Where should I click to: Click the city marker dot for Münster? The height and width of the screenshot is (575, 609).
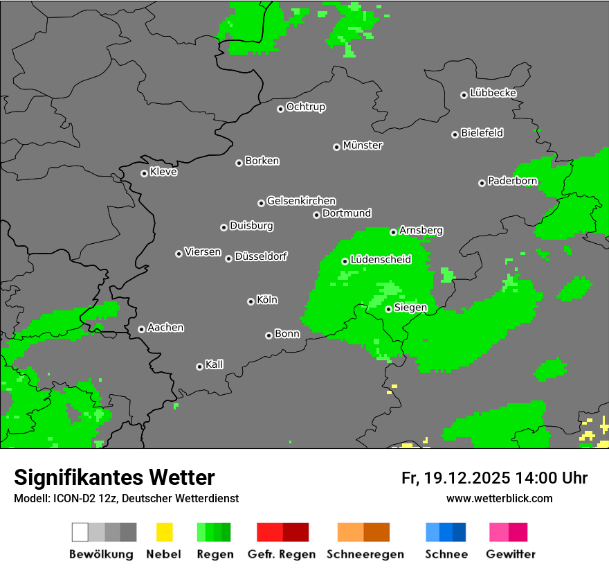(x=336, y=146)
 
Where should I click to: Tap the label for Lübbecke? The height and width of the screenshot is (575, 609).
(x=493, y=93)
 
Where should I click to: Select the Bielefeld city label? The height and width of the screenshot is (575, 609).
(x=482, y=133)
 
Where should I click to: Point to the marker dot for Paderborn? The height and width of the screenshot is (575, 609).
(x=482, y=183)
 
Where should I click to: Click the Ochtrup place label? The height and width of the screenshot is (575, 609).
(x=305, y=107)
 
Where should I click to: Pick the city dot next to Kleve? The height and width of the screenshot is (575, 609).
(x=144, y=173)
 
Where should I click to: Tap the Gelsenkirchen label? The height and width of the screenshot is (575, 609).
(x=301, y=201)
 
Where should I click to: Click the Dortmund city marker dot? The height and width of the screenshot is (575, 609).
(x=316, y=215)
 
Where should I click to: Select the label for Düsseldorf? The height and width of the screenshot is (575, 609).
(x=260, y=256)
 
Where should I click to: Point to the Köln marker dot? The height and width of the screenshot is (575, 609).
(x=251, y=301)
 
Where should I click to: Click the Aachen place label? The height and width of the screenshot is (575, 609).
(x=165, y=328)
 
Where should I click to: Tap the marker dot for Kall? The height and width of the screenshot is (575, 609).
(x=199, y=366)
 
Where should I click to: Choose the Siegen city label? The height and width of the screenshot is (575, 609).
(x=410, y=308)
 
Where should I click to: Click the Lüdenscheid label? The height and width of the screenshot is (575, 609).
(x=381, y=260)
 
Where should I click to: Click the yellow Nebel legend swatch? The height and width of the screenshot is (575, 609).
(x=164, y=532)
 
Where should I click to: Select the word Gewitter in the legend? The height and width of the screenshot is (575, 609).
(x=511, y=554)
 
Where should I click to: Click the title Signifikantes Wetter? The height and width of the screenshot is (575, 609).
(x=114, y=477)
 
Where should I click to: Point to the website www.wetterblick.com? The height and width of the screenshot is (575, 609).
(x=500, y=498)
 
